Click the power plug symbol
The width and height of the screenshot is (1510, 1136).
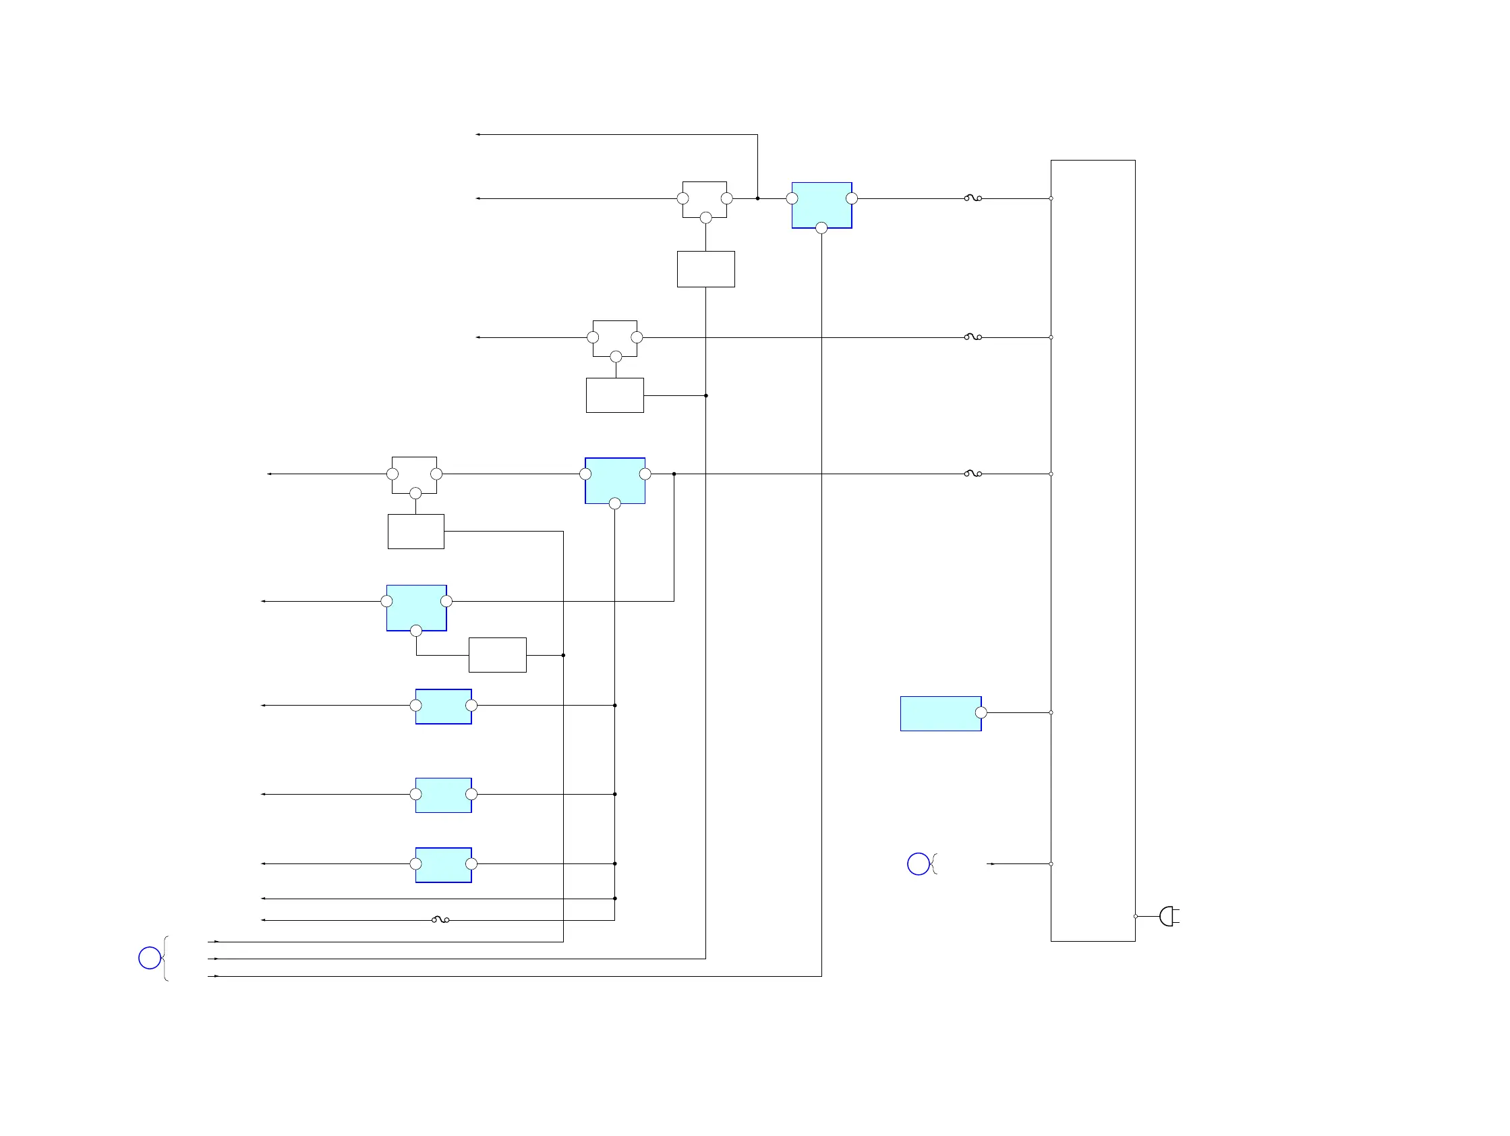coord(1168,916)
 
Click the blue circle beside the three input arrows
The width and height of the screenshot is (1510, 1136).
coord(150,958)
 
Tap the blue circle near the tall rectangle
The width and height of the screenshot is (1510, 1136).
coord(918,863)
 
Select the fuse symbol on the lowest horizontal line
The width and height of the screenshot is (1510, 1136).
coord(440,919)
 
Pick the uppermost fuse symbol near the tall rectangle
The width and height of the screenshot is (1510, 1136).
coord(972,198)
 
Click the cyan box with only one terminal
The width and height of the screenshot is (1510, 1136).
coord(940,714)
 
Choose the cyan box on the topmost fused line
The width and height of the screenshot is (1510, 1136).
coord(821,204)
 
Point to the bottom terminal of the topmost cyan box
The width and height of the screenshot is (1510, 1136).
coord(821,228)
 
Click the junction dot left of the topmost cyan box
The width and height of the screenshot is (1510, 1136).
coord(758,198)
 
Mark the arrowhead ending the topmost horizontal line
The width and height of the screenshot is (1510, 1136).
coord(478,134)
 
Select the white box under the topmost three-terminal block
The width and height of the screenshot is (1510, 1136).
coord(706,269)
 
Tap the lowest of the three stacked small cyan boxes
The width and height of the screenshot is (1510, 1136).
coord(443,865)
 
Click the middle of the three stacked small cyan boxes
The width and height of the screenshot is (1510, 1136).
coord(443,795)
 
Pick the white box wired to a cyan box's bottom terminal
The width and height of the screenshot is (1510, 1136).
coord(497,655)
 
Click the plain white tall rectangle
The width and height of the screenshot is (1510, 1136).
coord(1093,550)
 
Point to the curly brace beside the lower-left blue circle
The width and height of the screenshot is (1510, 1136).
coord(166,958)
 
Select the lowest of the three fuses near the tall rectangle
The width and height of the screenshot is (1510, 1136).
coord(972,473)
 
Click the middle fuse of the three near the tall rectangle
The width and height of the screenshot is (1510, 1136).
coord(972,337)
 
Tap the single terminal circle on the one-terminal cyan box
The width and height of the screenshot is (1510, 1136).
coord(981,713)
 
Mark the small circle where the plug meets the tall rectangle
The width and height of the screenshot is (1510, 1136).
coord(1135,916)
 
